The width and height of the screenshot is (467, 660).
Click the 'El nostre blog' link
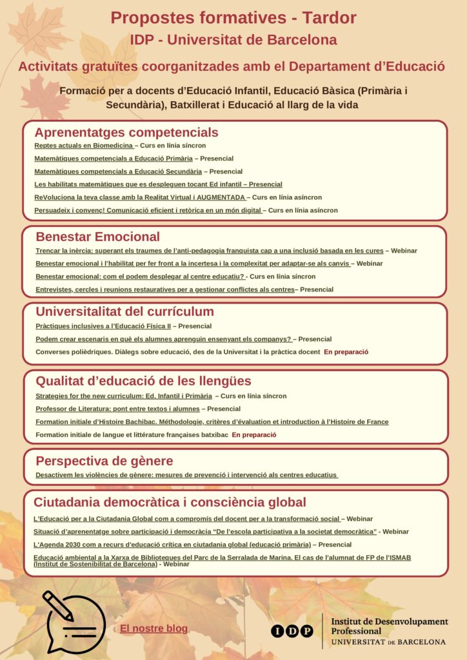tap(154, 628)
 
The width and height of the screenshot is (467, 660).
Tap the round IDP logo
tap(292, 631)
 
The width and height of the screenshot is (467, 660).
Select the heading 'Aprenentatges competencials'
tap(126, 133)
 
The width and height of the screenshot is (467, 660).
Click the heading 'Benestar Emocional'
tap(97, 237)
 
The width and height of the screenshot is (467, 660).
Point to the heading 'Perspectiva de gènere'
tap(104, 461)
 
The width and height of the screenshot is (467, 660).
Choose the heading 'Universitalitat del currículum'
tap(124, 312)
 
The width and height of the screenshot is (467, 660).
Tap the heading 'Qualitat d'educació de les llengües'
tap(143, 381)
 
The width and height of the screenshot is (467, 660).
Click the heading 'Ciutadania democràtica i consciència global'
tap(170, 502)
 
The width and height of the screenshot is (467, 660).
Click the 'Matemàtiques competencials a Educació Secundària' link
tap(118, 171)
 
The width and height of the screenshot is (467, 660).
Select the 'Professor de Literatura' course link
tap(117, 409)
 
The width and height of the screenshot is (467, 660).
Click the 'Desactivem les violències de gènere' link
tap(186, 475)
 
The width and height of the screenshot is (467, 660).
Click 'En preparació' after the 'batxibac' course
tap(253, 435)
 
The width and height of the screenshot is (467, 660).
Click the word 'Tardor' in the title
tap(330, 18)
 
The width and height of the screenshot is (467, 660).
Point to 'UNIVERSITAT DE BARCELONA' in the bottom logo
tap(388, 642)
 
